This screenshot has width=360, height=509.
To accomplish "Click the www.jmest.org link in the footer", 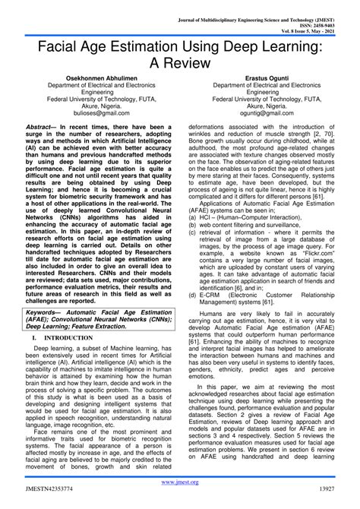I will point(179,482).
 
